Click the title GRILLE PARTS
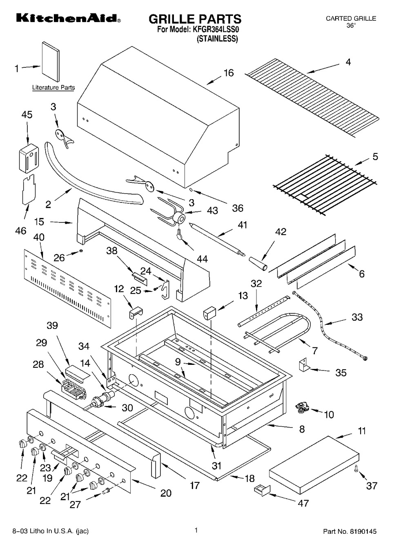195,19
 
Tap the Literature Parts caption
53,87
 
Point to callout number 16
229,73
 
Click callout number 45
27,115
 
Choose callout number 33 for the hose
357,317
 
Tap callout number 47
303,503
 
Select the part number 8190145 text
349,531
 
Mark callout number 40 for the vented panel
39,237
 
